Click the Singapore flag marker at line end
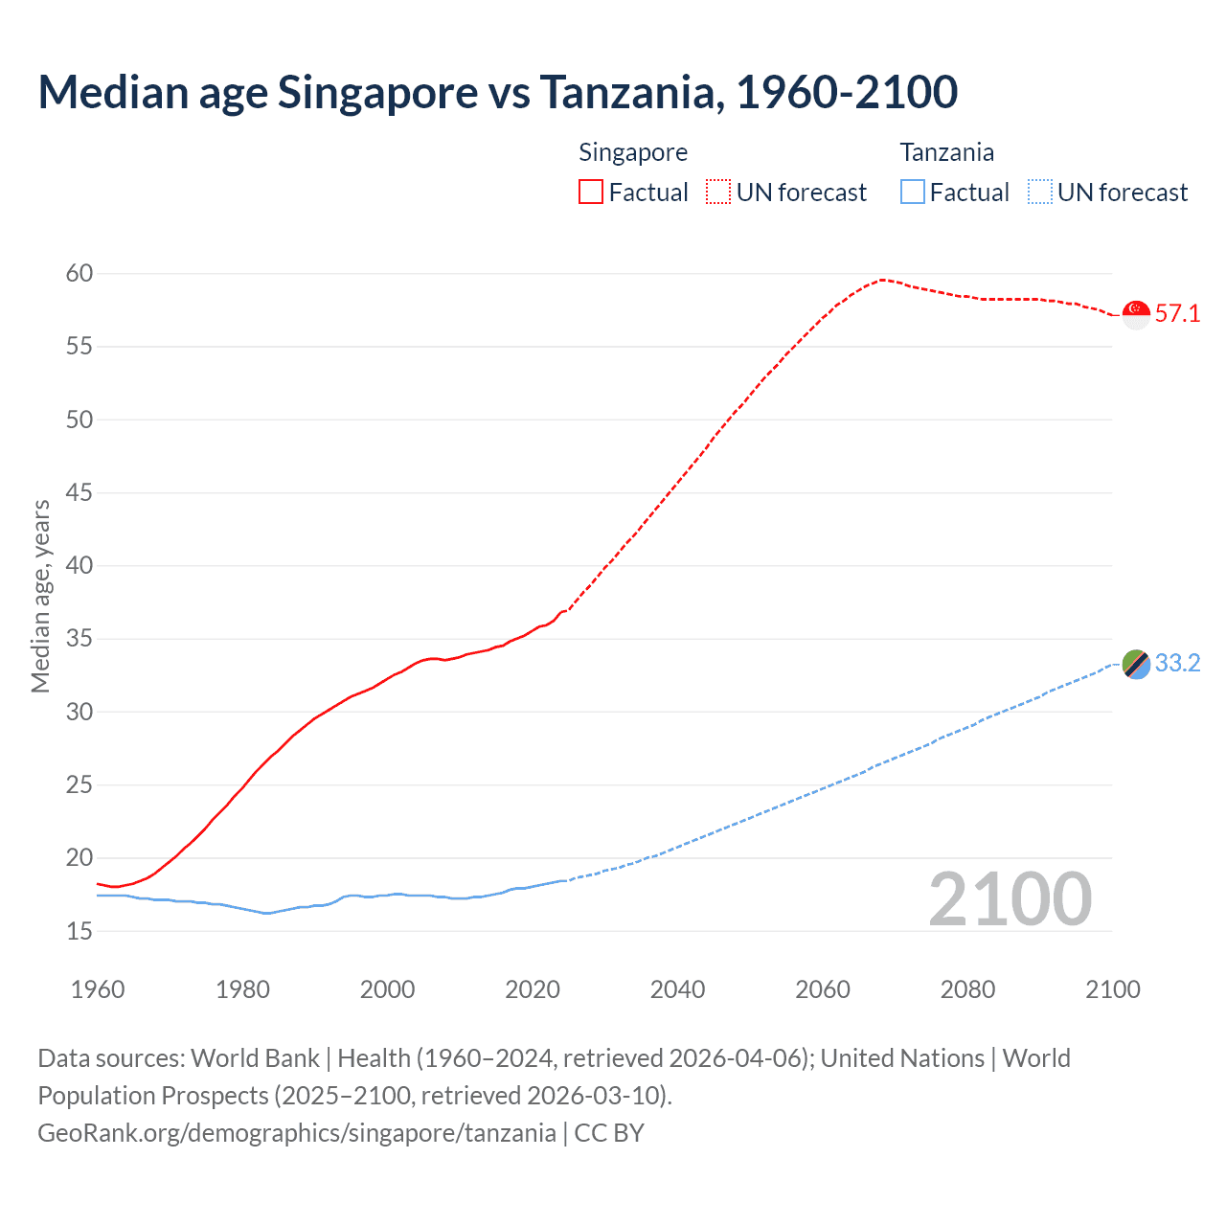[1136, 314]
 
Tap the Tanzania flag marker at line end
[1136, 664]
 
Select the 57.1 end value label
[1177, 314]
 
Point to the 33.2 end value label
[1177, 664]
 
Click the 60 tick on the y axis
[79, 274]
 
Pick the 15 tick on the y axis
[79, 931]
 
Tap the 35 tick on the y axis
[79, 639]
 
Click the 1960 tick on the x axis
[98, 989]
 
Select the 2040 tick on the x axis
[677, 989]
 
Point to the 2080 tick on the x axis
[967, 989]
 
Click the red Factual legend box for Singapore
[591, 193]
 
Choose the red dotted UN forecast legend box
[718, 193]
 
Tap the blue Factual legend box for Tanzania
[913, 193]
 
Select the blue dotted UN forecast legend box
[1040, 193]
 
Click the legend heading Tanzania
[946, 152]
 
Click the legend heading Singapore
[633, 152]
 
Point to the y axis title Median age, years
[40, 596]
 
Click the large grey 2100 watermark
[1010, 899]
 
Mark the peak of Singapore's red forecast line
[881, 280]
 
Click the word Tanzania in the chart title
[626, 92]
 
